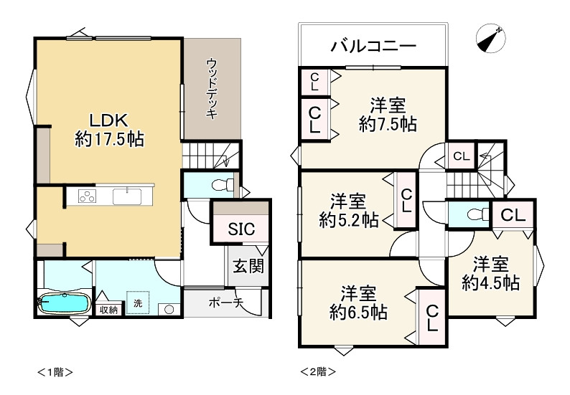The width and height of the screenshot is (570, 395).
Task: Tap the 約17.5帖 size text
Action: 109,139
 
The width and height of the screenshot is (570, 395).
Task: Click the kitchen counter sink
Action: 130,194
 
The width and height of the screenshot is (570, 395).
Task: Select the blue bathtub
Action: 63,303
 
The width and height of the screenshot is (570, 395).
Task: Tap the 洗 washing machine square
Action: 137,303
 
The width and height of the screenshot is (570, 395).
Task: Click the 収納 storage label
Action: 108,310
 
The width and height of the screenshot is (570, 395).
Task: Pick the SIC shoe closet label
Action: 240,229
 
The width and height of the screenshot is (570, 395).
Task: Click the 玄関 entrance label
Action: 247,267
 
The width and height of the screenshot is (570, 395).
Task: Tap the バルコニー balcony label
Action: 373,47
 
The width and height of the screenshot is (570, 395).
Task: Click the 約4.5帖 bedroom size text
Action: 491,282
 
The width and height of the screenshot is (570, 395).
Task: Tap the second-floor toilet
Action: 472,214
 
